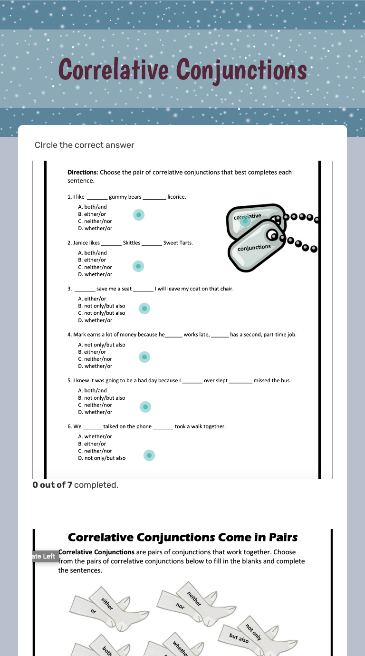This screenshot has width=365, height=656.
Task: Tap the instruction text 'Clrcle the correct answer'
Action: click(x=84, y=145)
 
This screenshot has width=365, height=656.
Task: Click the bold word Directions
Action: click(x=82, y=172)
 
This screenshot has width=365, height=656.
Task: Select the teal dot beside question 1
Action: click(x=138, y=215)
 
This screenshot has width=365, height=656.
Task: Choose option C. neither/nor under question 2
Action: click(x=95, y=267)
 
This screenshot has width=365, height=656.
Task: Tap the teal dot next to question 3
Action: click(x=144, y=309)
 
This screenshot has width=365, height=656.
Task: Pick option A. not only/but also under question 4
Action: click(x=102, y=345)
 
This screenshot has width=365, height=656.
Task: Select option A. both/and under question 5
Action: click(x=93, y=390)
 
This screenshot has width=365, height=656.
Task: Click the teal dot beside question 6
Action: click(x=149, y=455)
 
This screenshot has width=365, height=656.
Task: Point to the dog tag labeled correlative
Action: click(x=252, y=219)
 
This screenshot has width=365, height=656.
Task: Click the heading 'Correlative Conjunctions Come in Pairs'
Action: click(x=182, y=537)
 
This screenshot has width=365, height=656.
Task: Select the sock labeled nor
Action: click(x=181, y=606)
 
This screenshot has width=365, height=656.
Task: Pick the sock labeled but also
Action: click(x=239, y=637)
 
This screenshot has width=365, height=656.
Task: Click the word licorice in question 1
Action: click(x=177, y=197)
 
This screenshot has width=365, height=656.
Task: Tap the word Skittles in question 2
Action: click(x=132, y=243)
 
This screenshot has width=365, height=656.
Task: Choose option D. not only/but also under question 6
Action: click(x=102, y=458)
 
